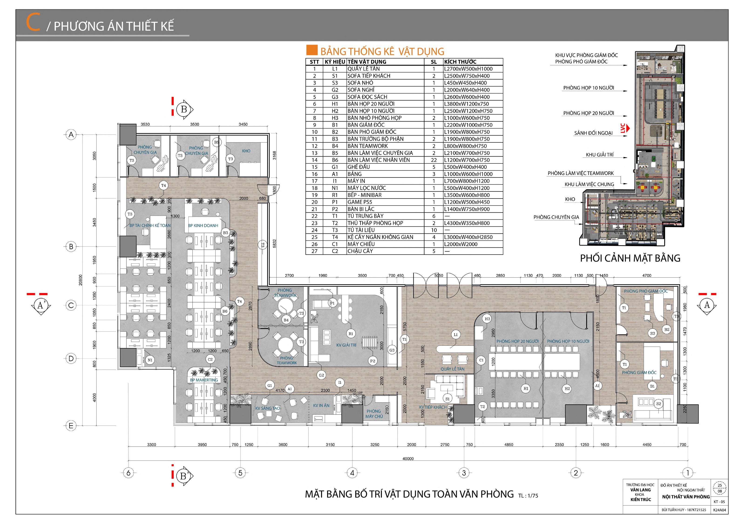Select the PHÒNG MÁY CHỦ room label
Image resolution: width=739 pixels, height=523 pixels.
click(x=374, y=414)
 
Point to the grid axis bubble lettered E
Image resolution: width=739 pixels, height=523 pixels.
click(x=71, y=426)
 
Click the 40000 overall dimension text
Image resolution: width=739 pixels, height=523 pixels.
click(x=408, y=459)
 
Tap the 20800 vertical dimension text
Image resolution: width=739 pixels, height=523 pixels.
click(x=81, y=280)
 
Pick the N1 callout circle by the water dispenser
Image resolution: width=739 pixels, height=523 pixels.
click(x=150, y=360)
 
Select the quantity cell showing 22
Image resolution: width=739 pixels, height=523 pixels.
click(x=434, y=160)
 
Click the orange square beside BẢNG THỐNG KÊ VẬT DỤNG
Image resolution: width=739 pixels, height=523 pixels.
click(x=312, y=50)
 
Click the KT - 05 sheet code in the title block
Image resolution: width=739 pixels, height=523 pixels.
click(x=719, y=502)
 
